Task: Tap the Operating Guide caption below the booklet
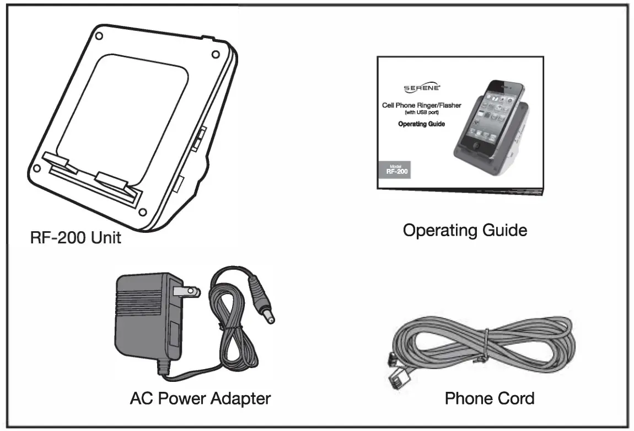pyautogui.click(x=464, y=230)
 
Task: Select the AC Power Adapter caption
pyautogui.click(x=201, y=398)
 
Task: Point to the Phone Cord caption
pyautogui.click(x=489, y=398)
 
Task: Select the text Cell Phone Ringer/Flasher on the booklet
pyautogui.click(x=422, y=105)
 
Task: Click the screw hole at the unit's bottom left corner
pyautogui.click(x=37, y=168)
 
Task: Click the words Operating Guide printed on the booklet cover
pyautogui.click(x=421, y=124)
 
